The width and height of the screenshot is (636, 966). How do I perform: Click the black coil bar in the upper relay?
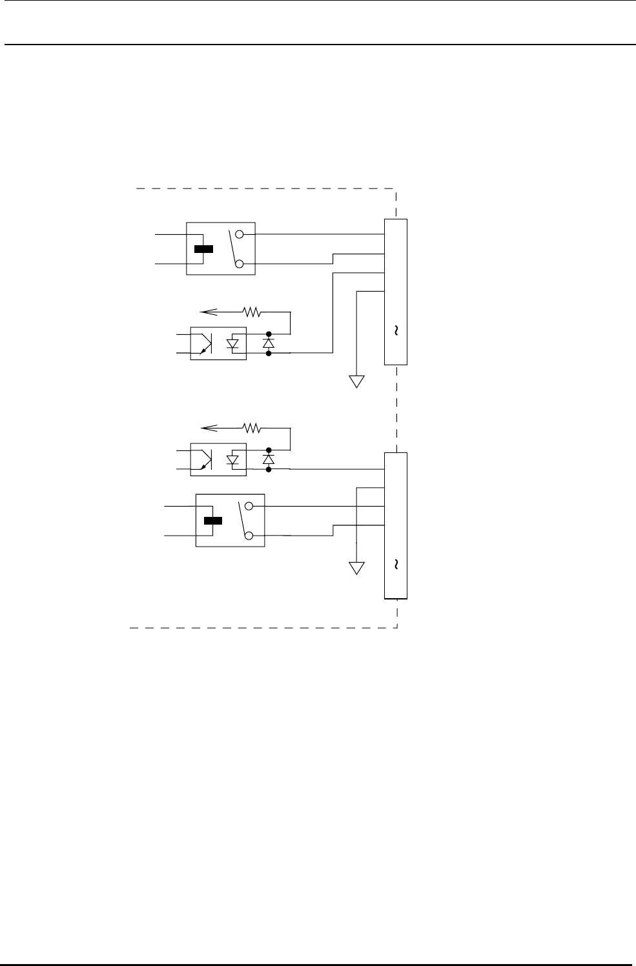pos(203,249)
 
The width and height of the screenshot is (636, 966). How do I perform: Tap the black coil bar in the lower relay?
pos(212,521)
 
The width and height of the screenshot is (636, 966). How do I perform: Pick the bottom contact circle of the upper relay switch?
pos(240,263)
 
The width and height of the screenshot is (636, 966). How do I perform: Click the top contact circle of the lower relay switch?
pos(249,507)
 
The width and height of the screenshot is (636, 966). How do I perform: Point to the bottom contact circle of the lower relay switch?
pos(249,536)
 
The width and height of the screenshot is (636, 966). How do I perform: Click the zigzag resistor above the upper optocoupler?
pos(251,312)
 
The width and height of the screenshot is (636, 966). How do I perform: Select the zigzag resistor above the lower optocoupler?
pos(251,427)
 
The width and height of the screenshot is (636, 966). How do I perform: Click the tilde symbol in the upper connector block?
pos(395,330)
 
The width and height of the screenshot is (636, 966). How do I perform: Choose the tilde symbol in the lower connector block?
pos(395,564)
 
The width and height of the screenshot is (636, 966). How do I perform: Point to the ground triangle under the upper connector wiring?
pos(356,381)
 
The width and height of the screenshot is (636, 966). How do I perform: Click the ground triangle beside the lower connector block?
pos(356,568)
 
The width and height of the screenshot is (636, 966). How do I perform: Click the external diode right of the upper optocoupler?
pos(269,343)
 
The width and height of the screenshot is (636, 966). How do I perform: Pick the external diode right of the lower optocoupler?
pos(269,459)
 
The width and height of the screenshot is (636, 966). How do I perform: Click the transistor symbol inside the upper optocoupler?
pos(206,344)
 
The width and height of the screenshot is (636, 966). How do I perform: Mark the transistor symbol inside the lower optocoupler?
pos(206,459)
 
